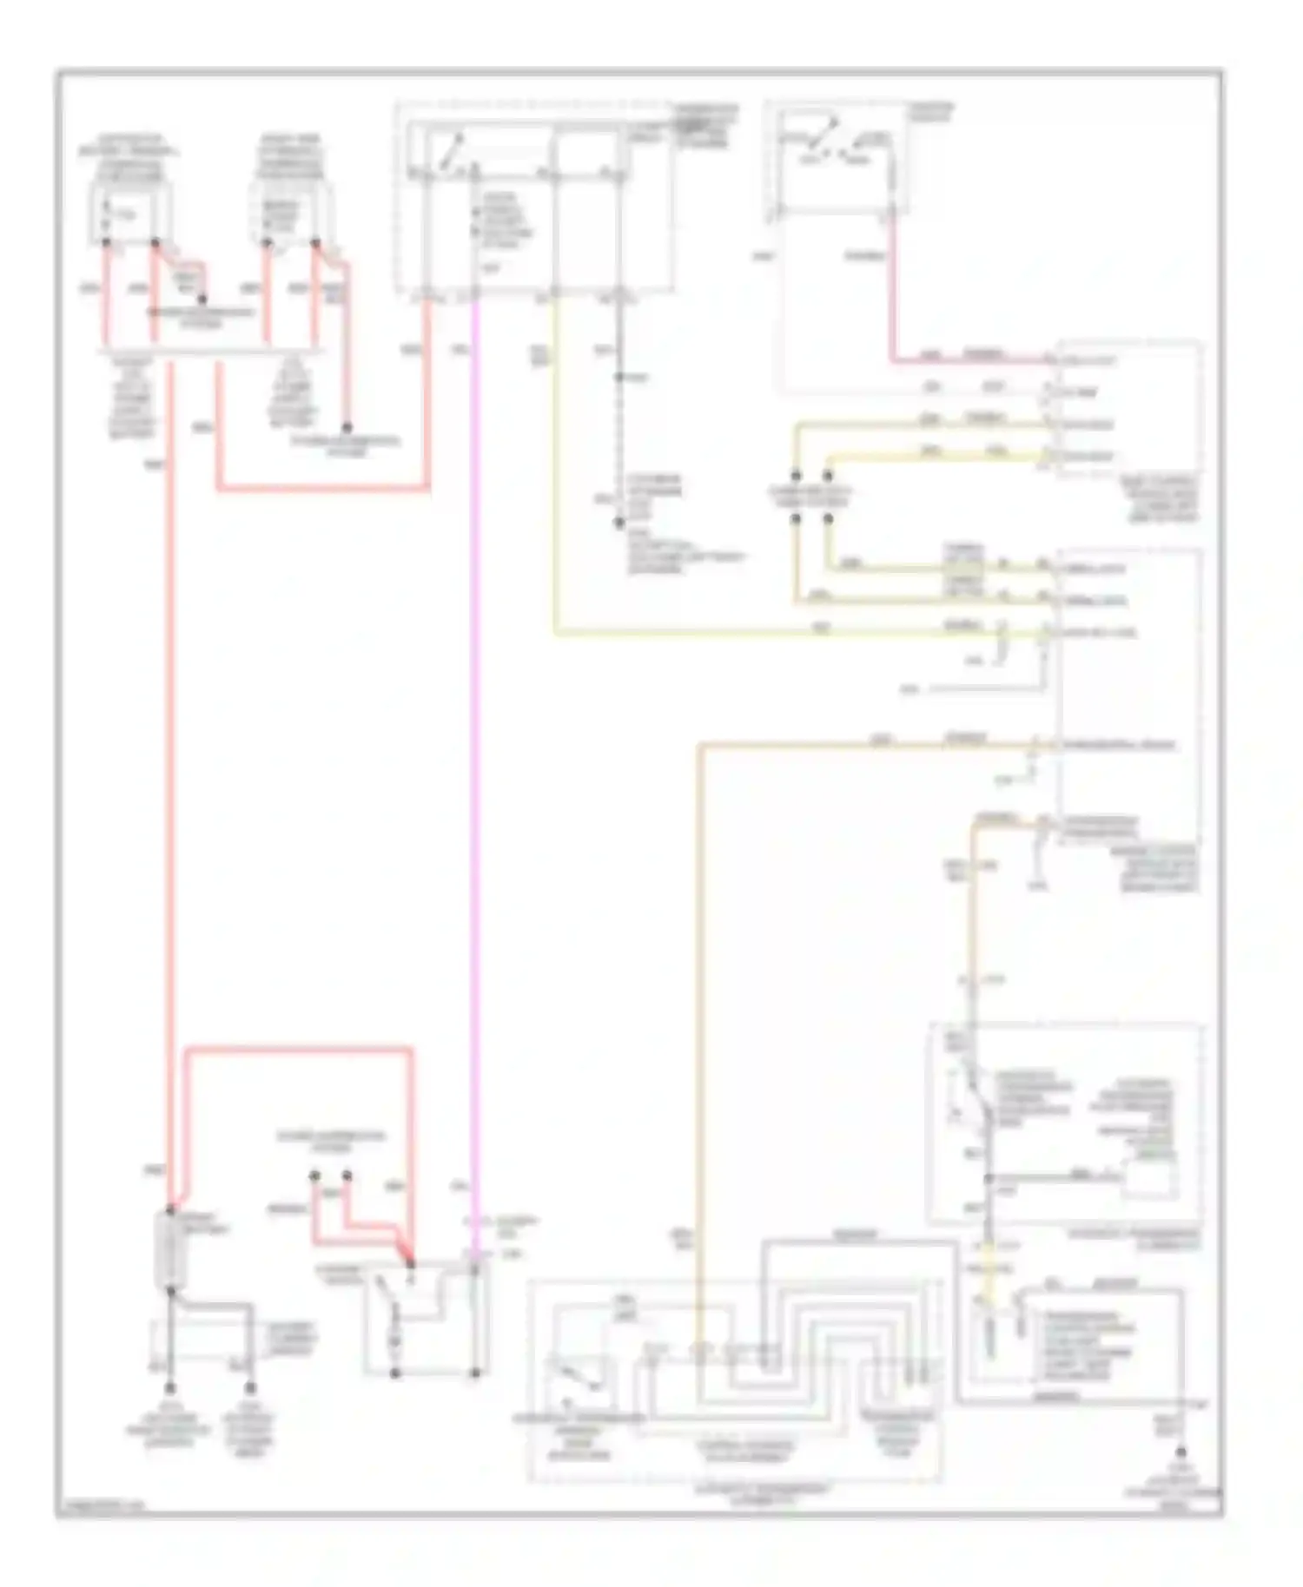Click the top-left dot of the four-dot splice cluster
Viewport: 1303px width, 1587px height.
point(795,476)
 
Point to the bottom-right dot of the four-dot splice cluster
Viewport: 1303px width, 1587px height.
point(827,519)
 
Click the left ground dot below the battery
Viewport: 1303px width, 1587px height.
point(171,1388)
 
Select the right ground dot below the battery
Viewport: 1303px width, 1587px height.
point(251,1388)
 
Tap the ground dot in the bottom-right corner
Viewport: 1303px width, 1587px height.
point(1181,1452)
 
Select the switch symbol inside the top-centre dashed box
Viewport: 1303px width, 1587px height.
point(450,155)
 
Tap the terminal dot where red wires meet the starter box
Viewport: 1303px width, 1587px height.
point(410,1264)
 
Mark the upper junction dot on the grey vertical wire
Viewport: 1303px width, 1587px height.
point(618,377)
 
